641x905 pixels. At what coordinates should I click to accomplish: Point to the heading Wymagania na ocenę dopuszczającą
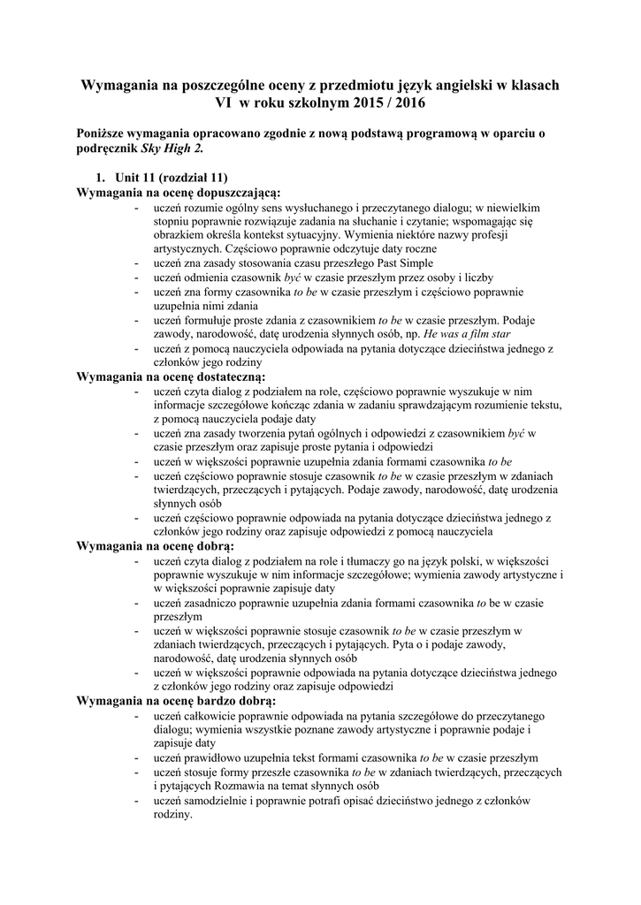[179, 191]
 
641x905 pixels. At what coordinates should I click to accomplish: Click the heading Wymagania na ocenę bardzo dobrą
[177, 701]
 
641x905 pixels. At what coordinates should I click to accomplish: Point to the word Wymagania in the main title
[119, 85]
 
